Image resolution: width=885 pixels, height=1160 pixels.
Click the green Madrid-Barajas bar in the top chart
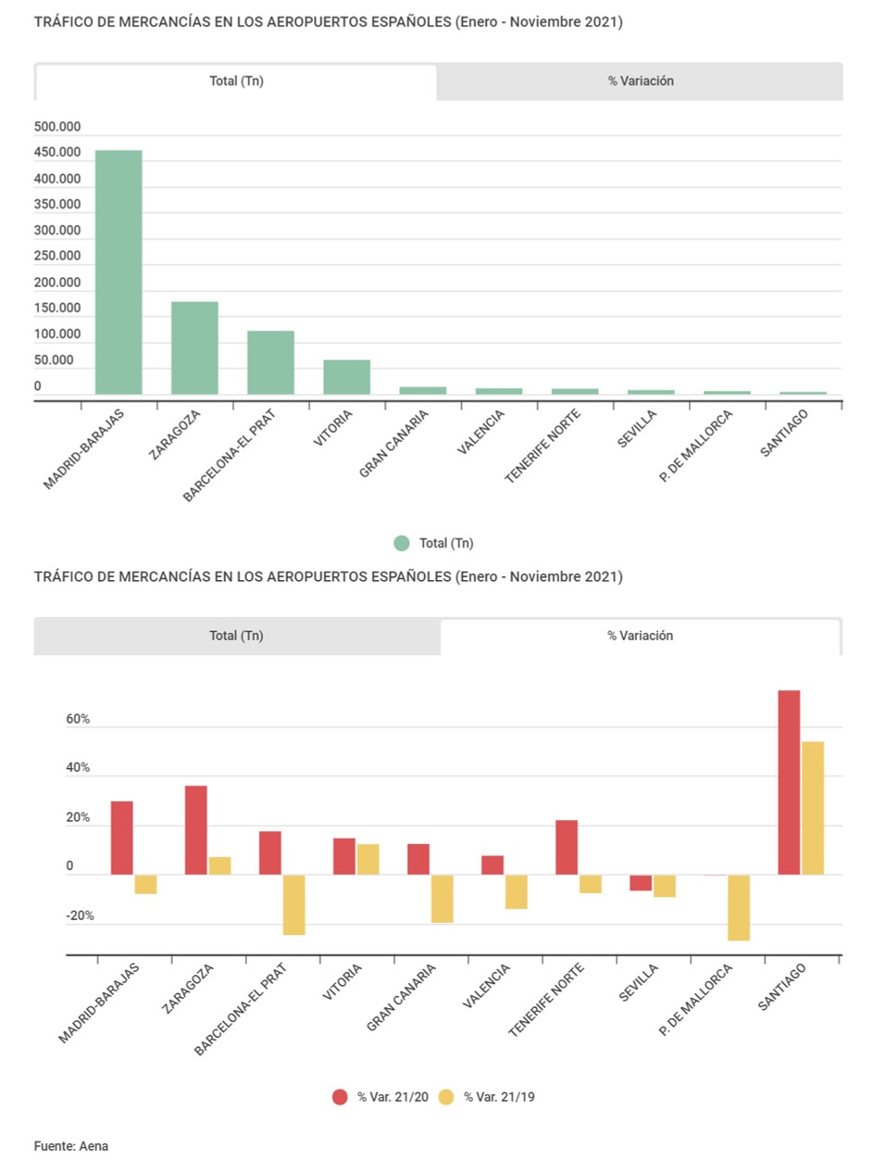pyautogui.click(x=118, y=272)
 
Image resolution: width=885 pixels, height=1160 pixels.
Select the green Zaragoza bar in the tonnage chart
pyautogui.click(x=194, y=348)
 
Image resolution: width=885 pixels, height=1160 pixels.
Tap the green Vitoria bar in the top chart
pyautogui.click(x=346, y=377)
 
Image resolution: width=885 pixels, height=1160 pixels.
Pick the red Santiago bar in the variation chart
pyautogui.click(x=789, y=782)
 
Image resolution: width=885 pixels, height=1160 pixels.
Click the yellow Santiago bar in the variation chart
pyautogui.click(x=813, y=808)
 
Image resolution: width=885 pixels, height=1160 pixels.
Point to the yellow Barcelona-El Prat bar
pyautogui.click(x=294, y=905)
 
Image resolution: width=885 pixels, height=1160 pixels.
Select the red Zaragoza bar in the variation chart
pyautogui.click(x=196, y=830)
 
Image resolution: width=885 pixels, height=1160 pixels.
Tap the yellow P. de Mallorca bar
pyautogui.click(x=739, y=908)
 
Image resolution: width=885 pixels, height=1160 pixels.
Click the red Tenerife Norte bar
pyautogui.click(x=567, y=847)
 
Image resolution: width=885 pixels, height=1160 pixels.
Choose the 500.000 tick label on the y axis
pyautogui.click(x=57, y=127)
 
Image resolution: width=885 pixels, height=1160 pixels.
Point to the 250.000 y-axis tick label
pyautogui.click(x=57, y=256)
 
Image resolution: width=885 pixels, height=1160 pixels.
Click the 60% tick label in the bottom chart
pyautogui.click(x=78, y=719)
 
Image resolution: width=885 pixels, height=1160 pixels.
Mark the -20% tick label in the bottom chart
pyautogui.click(x=80, y=915)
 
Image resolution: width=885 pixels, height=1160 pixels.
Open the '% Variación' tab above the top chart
pyautogui.click(x=641, y=82)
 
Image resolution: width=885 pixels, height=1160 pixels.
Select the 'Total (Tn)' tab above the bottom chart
pyautogui.click(x=236, y=636)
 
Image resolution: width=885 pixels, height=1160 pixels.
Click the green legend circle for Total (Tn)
pyautogui.click(x=402, y=543)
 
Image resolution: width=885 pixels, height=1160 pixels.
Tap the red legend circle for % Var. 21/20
pyautogui.click(x=340, y=1097)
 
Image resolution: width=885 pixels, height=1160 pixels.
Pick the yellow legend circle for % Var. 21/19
pyautogui.click(x=446, y=1097)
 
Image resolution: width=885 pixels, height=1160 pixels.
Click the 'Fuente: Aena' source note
pyautogui.click(x=71, y=1146)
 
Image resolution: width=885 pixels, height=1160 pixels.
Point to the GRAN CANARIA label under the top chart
pyautogui.click(x=394, y=444)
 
